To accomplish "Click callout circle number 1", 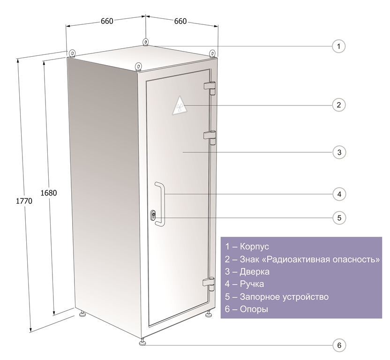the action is click(x=338, y=46).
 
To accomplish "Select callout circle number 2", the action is click(x=339, y=105).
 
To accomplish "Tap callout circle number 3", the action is click(x=339, y=152).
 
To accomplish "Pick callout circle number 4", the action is click(x=339, y=194).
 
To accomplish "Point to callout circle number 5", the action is click(x=339, y=218).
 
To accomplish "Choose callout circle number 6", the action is click(x=339, y=345).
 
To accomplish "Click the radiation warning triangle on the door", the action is click(x=179, y=106).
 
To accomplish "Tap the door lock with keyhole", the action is click(x=153, y=215).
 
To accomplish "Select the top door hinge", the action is click(x=210, y=88).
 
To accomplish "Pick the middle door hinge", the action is click(x=210, y=137).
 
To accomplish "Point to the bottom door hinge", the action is click(x=209, y=283).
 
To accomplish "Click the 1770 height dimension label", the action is click(x=24, y=201).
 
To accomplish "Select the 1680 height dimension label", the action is click(x=48, y=193).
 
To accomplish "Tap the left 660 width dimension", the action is click(x=107, y=21).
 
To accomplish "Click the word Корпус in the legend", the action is click(x=254, y=247).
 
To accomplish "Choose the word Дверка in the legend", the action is click(x=255, y=272).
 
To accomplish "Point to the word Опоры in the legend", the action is click(x=254, y=309).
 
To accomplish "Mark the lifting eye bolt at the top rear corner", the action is click(x=146, y=42).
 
